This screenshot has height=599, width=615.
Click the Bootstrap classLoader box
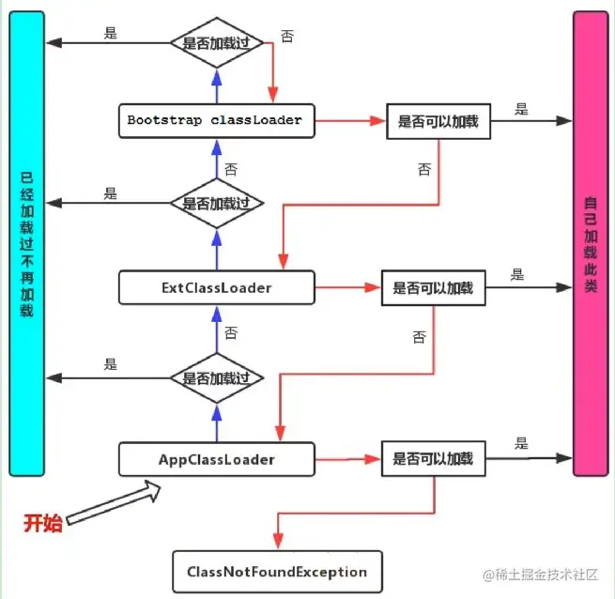(217, 121)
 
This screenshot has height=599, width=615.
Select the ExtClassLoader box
(217, 287)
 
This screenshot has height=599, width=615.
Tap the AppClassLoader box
(217, 459)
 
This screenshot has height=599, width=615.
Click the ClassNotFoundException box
(277, 572)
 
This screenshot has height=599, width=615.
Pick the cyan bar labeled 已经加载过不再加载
(26, 243)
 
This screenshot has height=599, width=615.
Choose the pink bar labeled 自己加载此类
(591, 243)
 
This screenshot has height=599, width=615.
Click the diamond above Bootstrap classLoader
(217, 43)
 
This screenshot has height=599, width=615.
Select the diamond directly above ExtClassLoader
(217, 203)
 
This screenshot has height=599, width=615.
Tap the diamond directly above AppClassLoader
(217, 378)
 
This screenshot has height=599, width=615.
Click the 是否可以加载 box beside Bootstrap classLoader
(438, 121)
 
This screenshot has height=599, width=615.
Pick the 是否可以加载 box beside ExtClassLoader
(434, 288)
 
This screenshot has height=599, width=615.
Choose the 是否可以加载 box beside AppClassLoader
(434, 458)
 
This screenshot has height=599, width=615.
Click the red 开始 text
(43, 523)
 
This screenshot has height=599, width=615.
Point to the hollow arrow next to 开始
(114, 502)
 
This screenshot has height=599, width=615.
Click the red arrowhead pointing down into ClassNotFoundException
(278, 541)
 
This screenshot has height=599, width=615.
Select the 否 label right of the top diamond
(287, 36)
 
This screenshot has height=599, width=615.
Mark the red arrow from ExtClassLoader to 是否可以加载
(348, 287)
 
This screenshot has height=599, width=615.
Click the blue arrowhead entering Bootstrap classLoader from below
(217, 147)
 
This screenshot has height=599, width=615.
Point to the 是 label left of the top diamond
(111, 33)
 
